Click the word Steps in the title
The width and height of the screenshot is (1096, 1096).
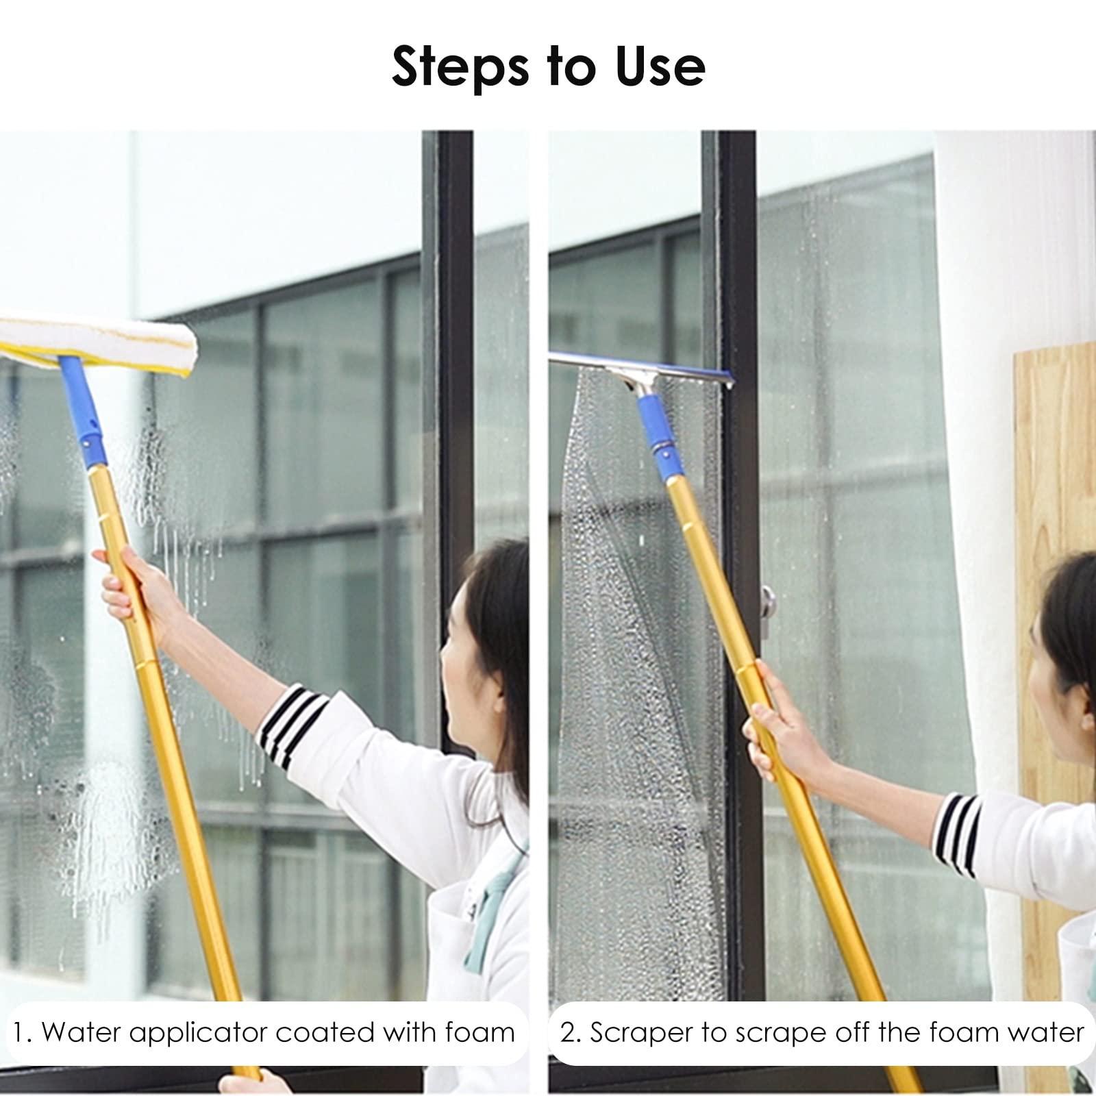point(455,66)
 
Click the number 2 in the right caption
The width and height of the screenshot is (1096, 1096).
point(568,1032)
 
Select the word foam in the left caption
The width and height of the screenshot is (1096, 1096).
point(479,1032)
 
